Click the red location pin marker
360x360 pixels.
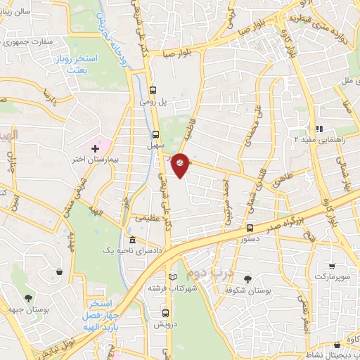(180, 163)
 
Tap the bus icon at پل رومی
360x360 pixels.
(153, 90)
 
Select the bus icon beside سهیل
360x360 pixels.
(157, 134)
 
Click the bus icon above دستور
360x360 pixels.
(250, 228)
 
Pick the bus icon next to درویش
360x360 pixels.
(165, 313)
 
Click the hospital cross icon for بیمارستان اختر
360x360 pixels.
(96, 148)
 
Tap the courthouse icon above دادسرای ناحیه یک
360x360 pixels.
(132, 240)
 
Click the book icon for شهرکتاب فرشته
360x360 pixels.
(173, 276)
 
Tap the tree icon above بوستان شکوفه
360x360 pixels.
(246, 279)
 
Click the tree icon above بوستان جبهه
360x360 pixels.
(29, 298)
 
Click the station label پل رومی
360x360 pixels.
(156, 103)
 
